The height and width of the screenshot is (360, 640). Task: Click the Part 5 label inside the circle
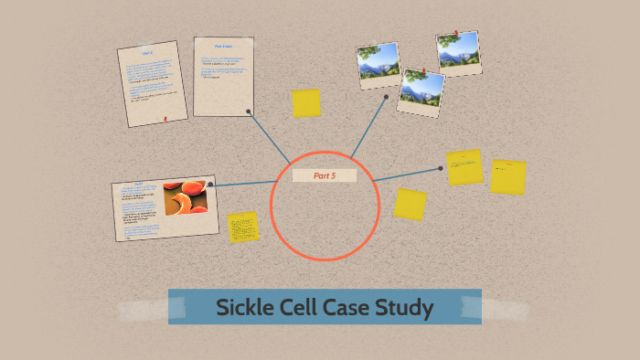(x=325, y=175)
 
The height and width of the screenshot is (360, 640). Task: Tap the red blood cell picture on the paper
(x=186, y=199)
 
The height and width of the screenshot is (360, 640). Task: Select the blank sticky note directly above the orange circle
(x=306, y=103)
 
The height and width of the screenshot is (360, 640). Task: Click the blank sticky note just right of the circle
(x=411, y=204)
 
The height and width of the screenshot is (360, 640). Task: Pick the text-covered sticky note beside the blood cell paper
(x=243, y=228)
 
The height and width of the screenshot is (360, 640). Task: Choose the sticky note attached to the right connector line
(x=464, y=167)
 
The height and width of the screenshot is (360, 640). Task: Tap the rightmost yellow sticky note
(x=507, y=176)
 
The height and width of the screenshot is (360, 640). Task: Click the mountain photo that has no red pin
(x=378, y=64)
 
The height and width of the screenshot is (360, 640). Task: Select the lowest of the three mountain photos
(x=421, y=92)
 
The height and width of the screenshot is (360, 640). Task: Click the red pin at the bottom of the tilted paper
(x=165, y=119)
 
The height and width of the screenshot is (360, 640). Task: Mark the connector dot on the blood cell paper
(x=210, y=185)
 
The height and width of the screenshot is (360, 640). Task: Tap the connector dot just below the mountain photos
(x=387, y=96)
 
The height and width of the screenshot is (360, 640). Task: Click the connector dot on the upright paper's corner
(x=249, y=111)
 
